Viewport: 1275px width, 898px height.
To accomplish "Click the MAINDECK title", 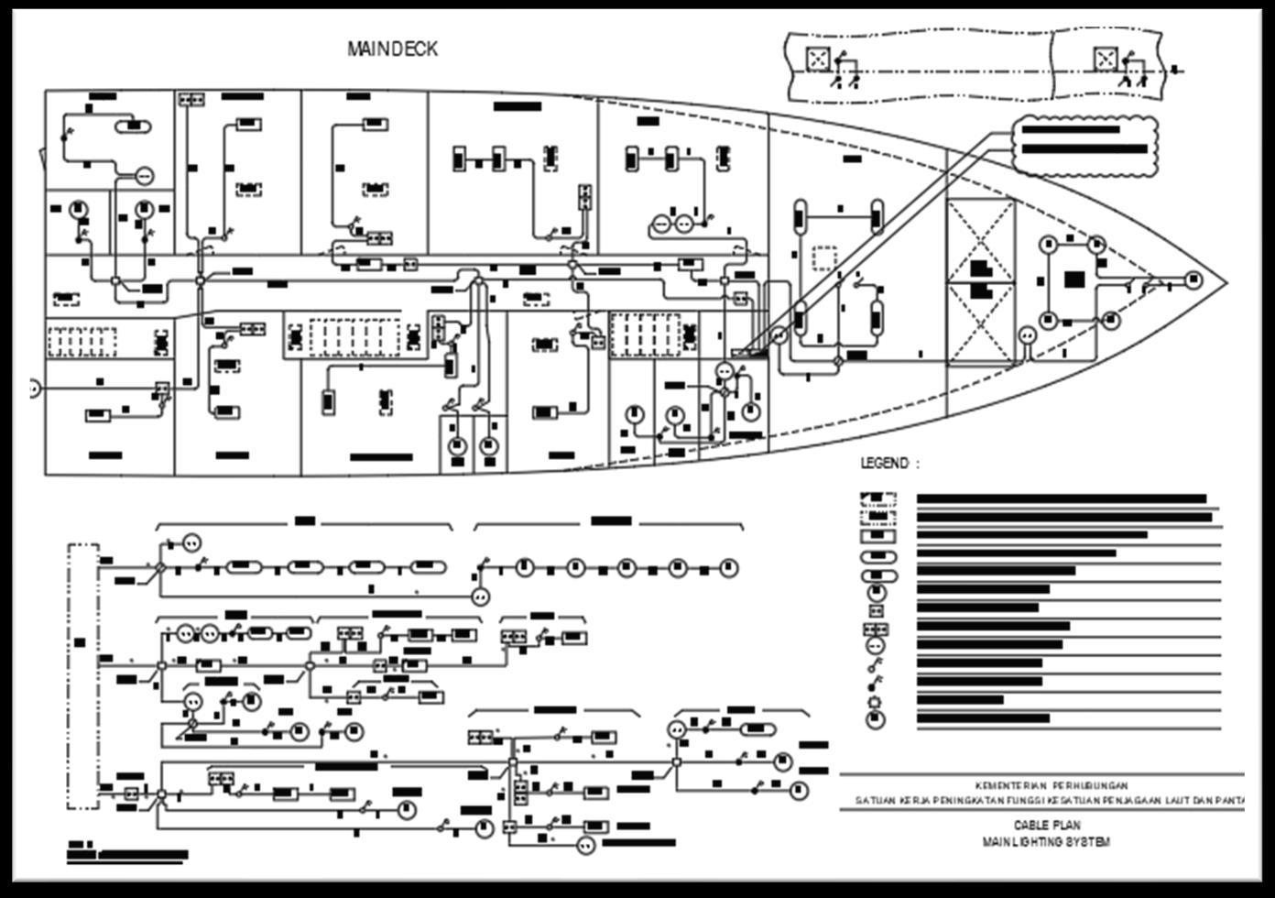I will click(392, 49).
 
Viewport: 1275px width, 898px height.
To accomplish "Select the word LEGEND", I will click(885, 464).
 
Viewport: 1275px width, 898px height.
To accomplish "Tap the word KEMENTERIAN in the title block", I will click(1008, 785).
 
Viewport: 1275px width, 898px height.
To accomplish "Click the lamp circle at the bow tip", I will click(1193, 279).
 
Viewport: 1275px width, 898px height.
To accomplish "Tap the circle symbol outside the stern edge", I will click(34, 389).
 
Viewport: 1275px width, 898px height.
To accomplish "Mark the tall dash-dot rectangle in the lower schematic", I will click(82, 676).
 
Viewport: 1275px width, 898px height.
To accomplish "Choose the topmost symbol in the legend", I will click(877, 499).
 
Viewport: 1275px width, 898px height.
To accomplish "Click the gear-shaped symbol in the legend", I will click(877, 701).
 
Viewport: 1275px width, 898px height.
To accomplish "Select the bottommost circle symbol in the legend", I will click(877, 719).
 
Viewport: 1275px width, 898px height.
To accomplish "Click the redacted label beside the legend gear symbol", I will click(959, 700).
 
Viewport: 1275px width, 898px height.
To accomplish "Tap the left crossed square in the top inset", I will click(817, 59).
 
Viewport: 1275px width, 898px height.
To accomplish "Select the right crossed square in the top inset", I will click(1106, 59).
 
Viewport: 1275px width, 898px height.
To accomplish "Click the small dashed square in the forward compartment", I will click(825, 257).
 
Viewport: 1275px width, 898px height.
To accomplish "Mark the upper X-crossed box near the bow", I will click(981, 241).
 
